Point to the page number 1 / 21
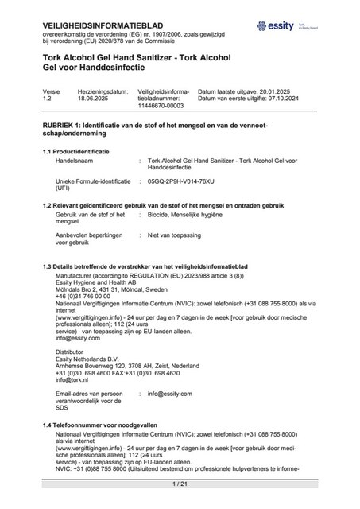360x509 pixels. [x=179, y=484]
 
